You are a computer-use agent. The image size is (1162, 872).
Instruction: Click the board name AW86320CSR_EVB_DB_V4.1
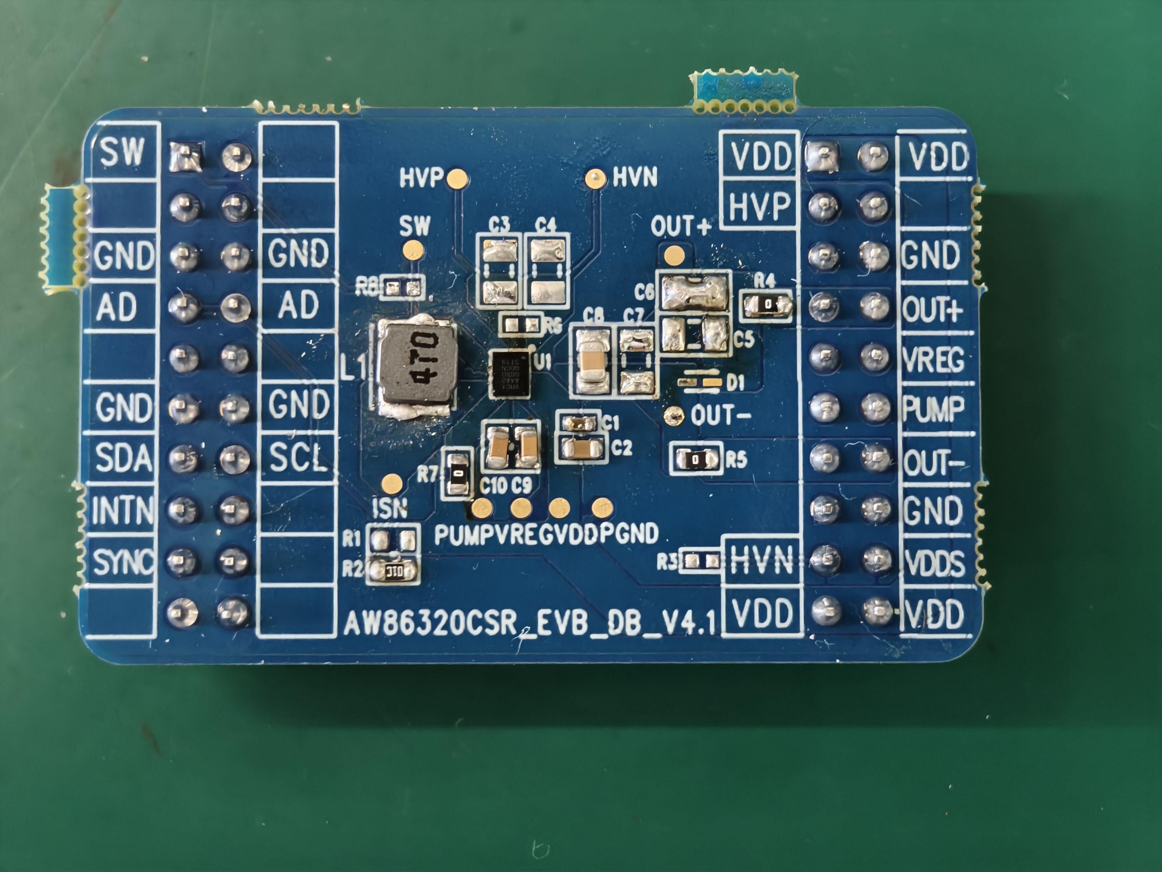(x=530, y=624)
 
